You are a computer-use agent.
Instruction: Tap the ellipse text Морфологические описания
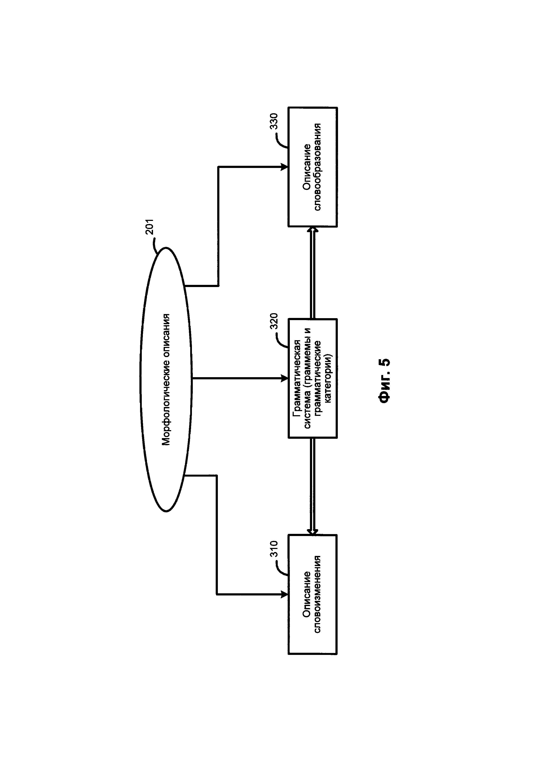coord(166,380)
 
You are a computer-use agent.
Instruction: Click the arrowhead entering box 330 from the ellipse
coord(284,167)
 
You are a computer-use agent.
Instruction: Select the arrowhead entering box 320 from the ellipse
coord(284,378)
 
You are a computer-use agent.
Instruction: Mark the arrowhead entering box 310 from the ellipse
coord(284,595)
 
